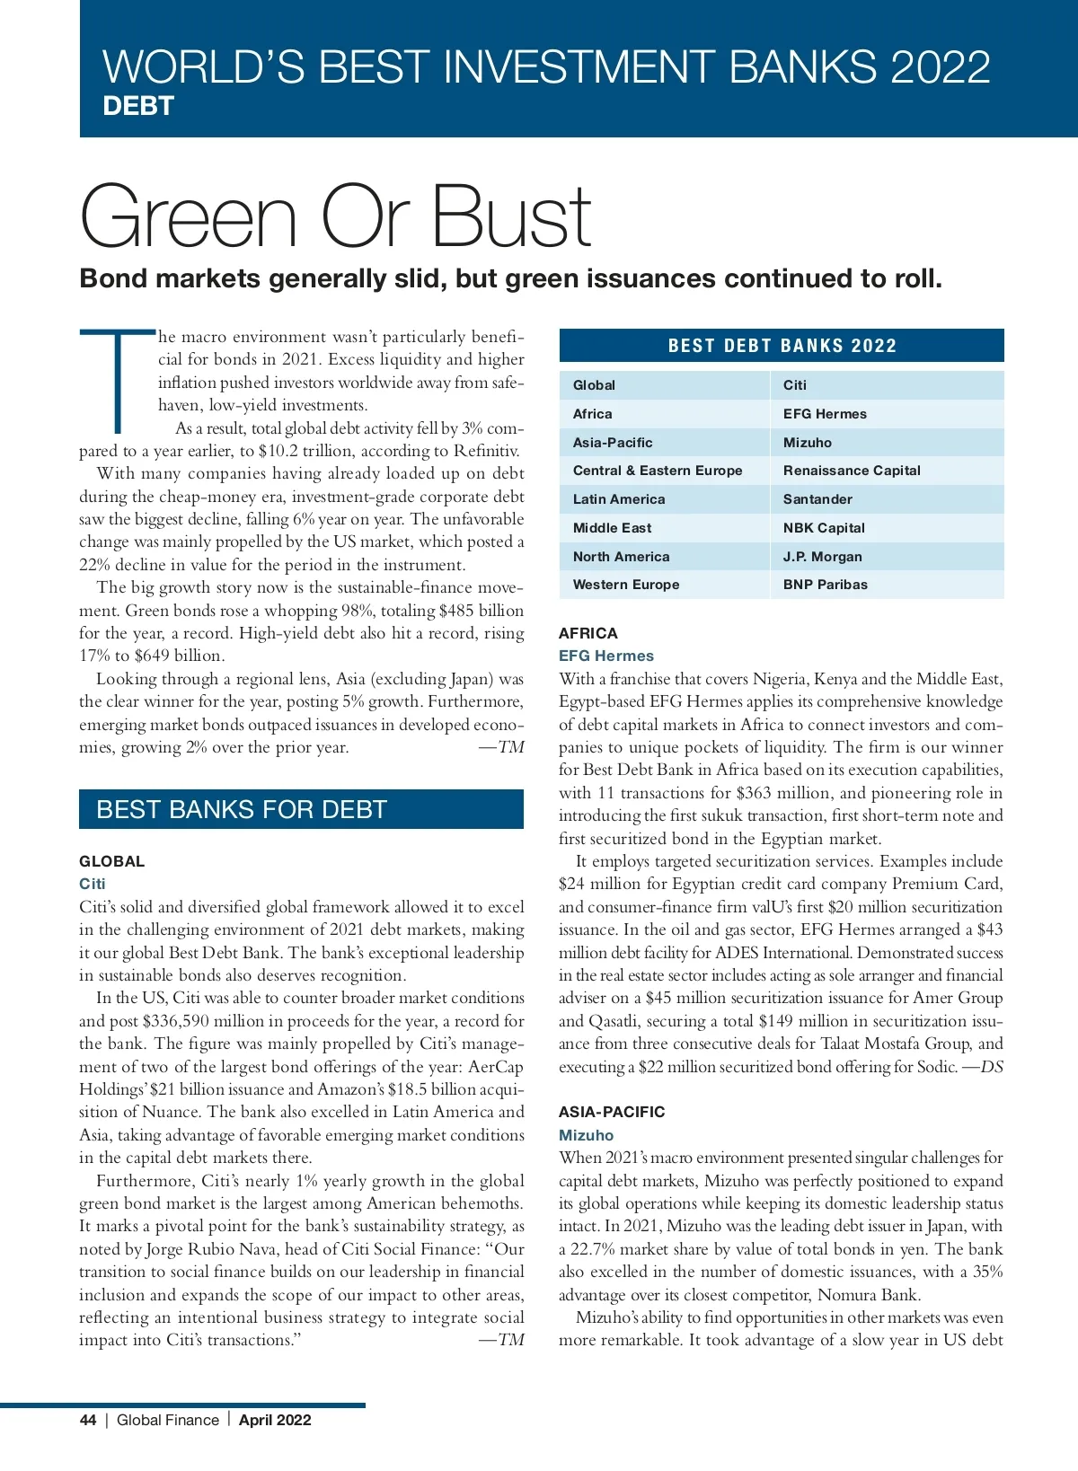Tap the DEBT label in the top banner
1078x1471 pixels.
click(137, 106)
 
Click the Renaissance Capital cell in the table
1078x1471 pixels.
click(851, 471)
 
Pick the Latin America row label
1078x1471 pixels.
click(619, 499)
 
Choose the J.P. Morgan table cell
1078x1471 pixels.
click(822, 557)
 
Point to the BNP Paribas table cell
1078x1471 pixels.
click(825, 585)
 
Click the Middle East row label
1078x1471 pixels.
click(612, 528)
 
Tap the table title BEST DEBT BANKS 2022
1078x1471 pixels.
click(782, 346)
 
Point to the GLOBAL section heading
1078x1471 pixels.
click(111, 861)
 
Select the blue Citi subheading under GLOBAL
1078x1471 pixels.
click(92, 884)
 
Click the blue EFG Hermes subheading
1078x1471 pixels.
click(605, 656)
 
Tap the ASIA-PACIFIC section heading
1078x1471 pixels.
click(611, 1112)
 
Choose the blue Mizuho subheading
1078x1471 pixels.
click(586, 1135)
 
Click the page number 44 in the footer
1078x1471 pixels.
click(88, 1420)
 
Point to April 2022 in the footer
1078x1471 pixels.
click(275, 1420)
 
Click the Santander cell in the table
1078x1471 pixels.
click(817, 499)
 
